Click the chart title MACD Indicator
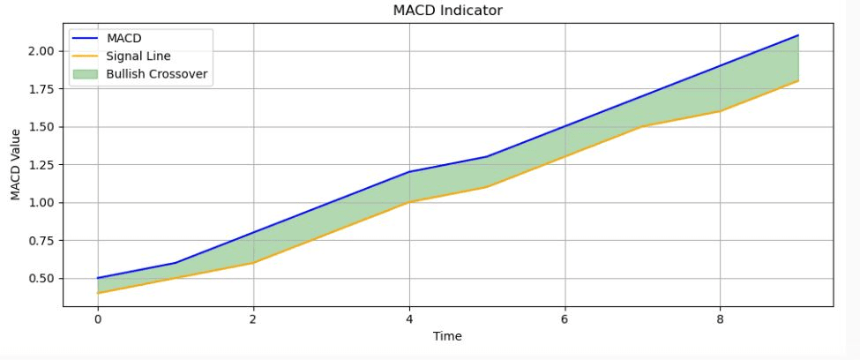click(447, 11)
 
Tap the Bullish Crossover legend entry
click(156, 74)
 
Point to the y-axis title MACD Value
click(16, 164)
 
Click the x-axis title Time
click(447, 336)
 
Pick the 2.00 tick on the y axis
click(41, 51)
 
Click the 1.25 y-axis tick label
click(41, 165)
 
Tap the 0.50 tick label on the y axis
click(41, 279)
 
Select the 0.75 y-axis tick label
click(41, 241)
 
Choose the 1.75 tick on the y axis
click(41, 89)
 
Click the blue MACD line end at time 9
click(798, 35)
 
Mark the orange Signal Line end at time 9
click(798, 81)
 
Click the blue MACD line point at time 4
click(409, 172)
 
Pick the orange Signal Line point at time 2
click(254, 263)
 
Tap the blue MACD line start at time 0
click(98, 278)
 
